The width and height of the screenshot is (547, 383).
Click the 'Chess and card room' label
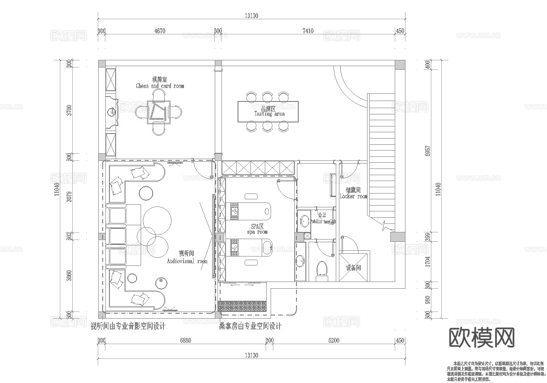[159, 86]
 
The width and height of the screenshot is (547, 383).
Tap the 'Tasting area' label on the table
[269, 114]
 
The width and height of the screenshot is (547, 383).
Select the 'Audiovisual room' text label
[187, 261]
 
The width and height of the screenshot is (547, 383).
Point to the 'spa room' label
[257, 232]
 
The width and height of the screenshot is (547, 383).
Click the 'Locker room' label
[353, 196]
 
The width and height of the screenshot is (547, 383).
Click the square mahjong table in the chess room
[159, 111]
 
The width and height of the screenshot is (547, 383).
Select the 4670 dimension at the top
[159, 31]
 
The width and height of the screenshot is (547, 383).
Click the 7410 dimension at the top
[308, 31]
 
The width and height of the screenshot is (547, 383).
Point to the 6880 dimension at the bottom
[185, 341]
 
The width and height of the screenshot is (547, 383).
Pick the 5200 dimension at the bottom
[334, 341]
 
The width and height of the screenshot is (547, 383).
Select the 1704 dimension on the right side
[427, 261]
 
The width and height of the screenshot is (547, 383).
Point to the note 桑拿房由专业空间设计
[250, 326]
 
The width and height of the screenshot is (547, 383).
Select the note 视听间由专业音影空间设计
[128, 326]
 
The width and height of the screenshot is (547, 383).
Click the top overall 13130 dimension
[251, 16]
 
